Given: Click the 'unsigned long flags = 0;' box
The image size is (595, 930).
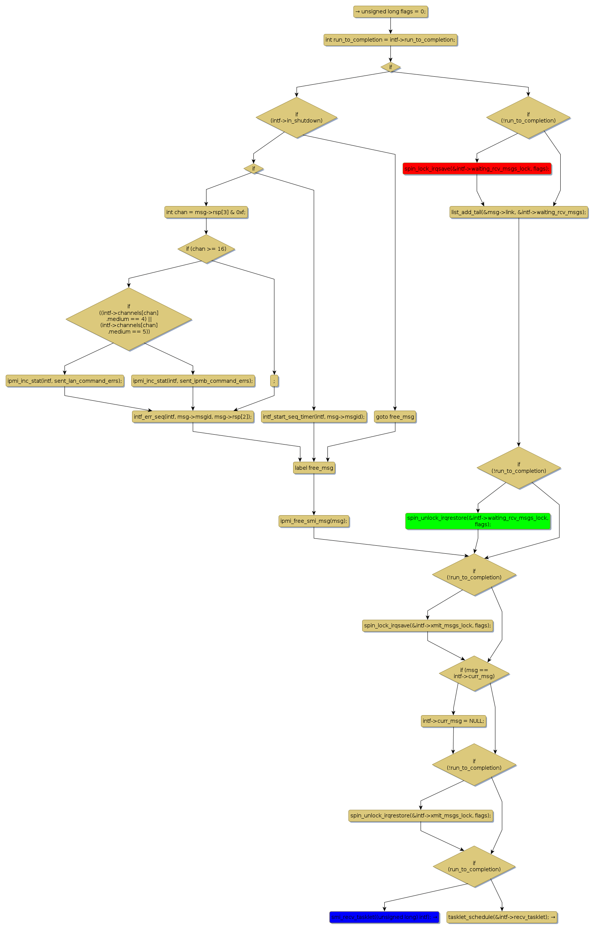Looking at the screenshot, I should (390, 11).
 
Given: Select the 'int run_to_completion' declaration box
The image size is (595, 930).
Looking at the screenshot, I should (390, 40).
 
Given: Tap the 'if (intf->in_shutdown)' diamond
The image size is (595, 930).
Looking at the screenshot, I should (296, 118).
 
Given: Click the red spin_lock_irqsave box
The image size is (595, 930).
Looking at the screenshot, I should (477, 169).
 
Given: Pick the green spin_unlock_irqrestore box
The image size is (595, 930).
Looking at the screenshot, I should (477, 521).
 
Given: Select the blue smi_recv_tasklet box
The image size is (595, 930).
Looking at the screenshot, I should (384, 917).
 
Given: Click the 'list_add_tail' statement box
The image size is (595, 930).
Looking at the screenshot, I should (519, 212).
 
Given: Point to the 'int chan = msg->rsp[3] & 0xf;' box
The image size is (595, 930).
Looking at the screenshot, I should (206, 212).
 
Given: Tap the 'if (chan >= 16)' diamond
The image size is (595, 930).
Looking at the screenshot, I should (206, 249).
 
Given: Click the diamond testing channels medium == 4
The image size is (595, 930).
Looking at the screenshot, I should (129, 319).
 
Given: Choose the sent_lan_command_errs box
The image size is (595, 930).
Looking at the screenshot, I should (64, 381).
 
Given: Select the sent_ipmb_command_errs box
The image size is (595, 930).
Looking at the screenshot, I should (193, 381).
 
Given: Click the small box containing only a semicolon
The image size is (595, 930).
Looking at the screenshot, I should (274, 381).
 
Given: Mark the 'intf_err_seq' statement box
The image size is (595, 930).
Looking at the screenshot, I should (193, 417).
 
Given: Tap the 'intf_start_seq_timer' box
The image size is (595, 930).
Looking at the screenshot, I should (314, 417).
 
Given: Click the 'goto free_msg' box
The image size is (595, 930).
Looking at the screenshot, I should (395, 417).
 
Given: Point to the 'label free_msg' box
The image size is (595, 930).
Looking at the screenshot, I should (314, 468).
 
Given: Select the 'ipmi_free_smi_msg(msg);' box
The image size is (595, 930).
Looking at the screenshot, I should (314, 521).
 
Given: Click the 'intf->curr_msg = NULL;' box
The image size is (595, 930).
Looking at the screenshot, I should (453, 720).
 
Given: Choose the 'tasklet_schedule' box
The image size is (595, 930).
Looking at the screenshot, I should (501, 917).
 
